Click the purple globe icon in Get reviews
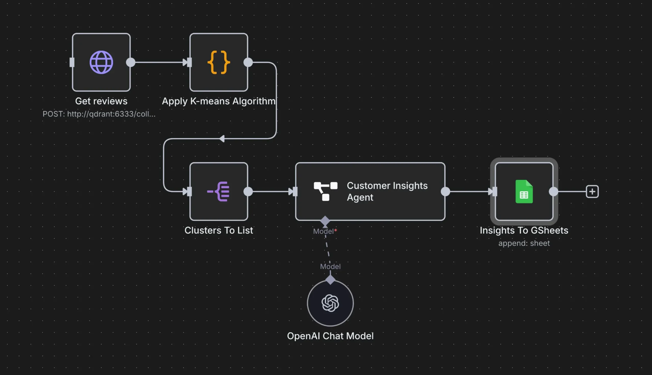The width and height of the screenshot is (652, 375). [x=101, y=62]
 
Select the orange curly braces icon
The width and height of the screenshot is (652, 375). [x=219, y=62]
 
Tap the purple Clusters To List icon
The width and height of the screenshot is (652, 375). [x=219, y=191]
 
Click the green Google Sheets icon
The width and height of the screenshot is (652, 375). [x=524, y=192]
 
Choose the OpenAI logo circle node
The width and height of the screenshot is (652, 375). [x=330, y=303]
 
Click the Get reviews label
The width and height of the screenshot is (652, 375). [x=101, y=101]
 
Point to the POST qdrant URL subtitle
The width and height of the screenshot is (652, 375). [x=99, y=114]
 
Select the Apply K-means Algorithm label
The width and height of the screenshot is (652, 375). [x=219, y=101]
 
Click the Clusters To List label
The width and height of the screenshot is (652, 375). [x=219, y=230]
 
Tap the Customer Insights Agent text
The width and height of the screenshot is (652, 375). [x=387, y=191]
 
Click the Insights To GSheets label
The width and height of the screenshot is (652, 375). [x=524, y=230]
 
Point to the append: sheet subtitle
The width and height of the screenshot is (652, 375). [x=524, y=243]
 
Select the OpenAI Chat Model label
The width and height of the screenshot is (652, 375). [x=330, y=336]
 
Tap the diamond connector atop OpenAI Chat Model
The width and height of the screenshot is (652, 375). [x=330, y=280]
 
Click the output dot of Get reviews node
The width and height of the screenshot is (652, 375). [x=131, y=62]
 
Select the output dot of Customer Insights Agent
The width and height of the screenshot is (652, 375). [x=445, y=192]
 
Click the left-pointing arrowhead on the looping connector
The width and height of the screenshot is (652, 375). [x=222, y=139]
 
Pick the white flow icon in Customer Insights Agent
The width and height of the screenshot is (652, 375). [x=325, y=191]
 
